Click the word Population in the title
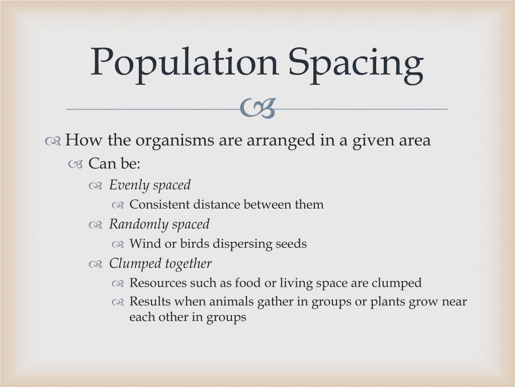pyautogui.click(x=184, y=63)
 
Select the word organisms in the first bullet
pyautogui.click(x=175, y=141)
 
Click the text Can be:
pyautogui.click(x=114, y=164)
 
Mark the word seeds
pyautogui.click(x=291, y=244)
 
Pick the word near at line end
pyautogui.click(x=453, y=302)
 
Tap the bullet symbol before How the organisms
pyautogui.click(x=53, y=142)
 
